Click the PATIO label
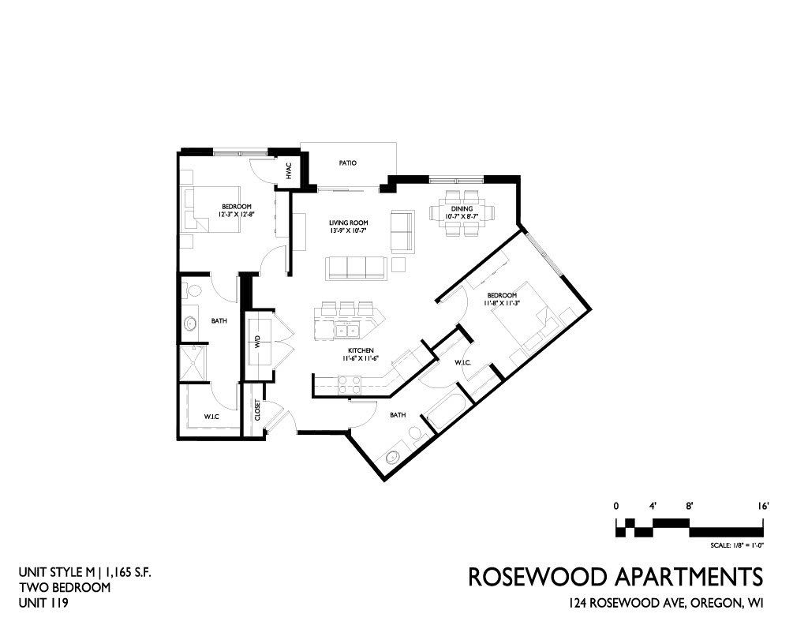348,163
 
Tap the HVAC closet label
289,171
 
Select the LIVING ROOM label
349,223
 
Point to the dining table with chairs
462,213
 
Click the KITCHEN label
361,350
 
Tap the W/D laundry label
256,342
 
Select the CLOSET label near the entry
258,410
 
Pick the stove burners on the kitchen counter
350,385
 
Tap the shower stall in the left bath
193,363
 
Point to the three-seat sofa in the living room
356,268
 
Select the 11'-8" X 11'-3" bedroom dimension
502,304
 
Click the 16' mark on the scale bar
763,506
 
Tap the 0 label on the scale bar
615,506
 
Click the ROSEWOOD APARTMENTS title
615,577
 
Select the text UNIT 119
43,602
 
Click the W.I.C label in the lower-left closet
211,417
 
